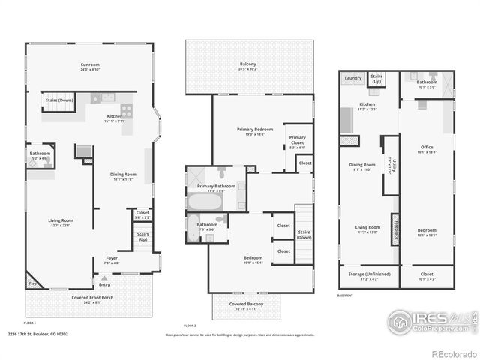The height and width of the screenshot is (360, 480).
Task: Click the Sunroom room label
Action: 90,65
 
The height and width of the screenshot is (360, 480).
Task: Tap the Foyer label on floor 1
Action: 111,260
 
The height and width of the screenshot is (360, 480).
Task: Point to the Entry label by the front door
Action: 104,283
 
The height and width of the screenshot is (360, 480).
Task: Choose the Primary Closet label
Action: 298,138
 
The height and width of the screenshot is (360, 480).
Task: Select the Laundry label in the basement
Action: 353,77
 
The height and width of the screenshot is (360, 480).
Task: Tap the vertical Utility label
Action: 390,163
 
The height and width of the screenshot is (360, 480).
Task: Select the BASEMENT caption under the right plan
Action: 346,295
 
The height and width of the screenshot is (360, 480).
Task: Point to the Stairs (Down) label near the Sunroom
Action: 60,100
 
